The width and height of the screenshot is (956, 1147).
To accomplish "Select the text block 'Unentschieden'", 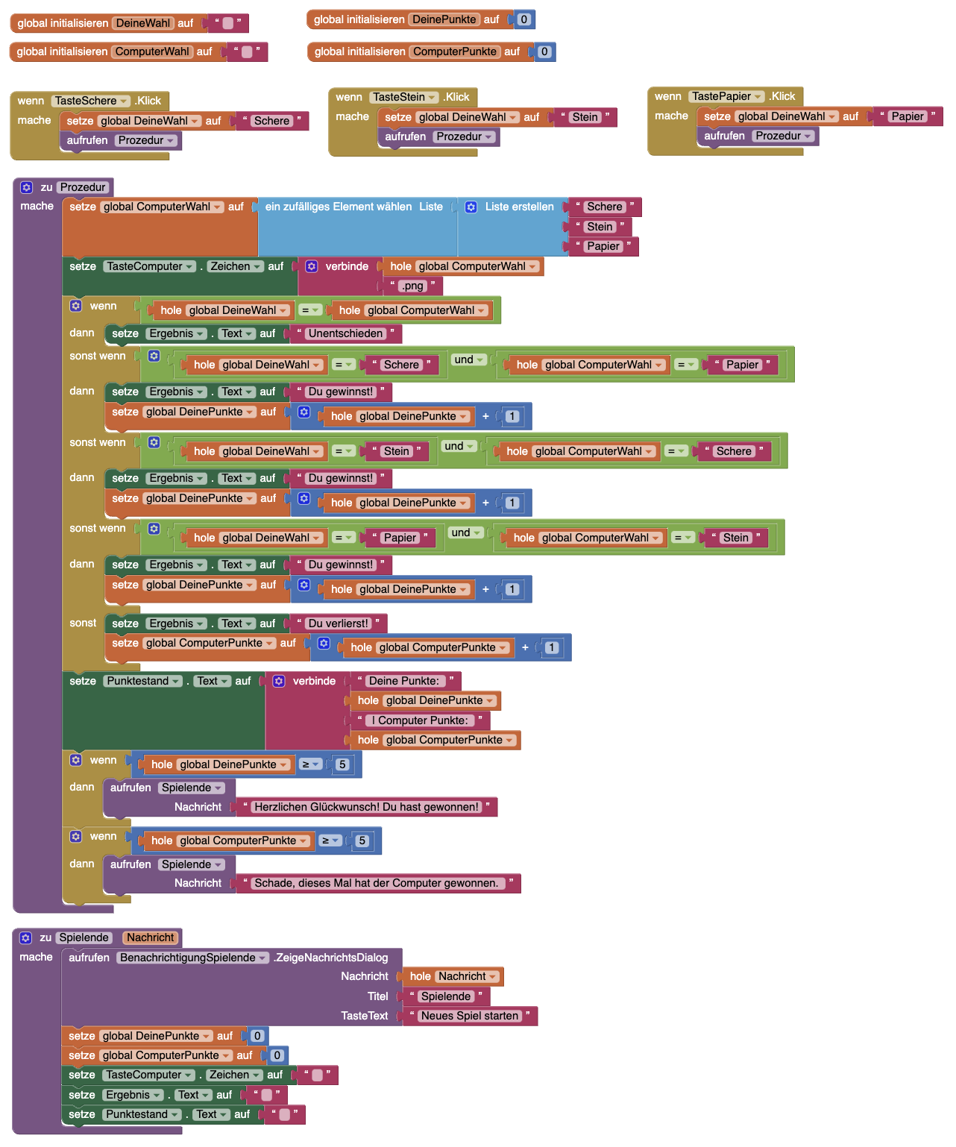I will click(x=346, y=333).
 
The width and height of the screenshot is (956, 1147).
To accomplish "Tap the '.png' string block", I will click(x=412, y=286).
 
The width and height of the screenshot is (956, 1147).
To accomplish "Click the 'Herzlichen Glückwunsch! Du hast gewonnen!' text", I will click(x=366, y=807).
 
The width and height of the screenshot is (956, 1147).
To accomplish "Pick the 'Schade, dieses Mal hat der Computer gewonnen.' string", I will click(x=377, y=883).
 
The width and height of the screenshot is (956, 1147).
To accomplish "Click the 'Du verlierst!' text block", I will click(x=339, y=623).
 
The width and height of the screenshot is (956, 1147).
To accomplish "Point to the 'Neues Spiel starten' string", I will click(x=469, y=1016).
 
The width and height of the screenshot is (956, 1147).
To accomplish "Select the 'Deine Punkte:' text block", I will click(x=404, y=681).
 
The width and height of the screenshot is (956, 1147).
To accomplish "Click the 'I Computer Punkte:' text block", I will click(x=420, y=720).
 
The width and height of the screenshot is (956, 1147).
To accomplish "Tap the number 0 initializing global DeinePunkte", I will click(x=524, y=19).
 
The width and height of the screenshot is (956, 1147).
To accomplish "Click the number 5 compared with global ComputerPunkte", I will click(x=362, y=840).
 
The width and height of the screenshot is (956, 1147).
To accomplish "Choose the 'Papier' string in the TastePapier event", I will click(x=908, y=116).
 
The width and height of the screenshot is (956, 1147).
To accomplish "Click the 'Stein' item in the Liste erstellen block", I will click(x=600, y=227).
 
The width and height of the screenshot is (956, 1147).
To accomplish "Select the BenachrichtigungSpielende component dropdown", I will click(x=192, y=958).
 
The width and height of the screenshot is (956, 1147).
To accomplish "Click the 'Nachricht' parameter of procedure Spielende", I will click(x=150, y=937).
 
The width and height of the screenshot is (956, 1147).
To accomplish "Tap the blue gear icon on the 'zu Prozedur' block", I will click(x=27, y=187).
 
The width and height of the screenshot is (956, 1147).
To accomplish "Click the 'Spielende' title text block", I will click(x=446, y=996).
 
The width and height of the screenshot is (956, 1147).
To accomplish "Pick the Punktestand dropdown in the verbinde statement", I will click(x=143, y=681).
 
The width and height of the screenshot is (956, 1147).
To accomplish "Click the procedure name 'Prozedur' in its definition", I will click(x=83, y=187).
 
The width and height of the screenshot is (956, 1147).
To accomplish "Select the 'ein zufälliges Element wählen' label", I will click(x=338, y=207).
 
